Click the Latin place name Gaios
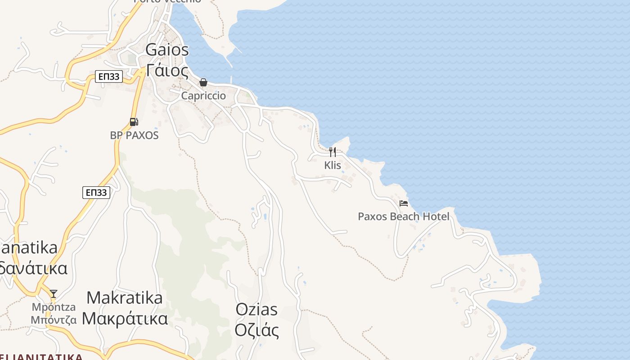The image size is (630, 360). click(x=167, y=49)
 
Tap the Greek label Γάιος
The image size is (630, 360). click(x=167, y=71)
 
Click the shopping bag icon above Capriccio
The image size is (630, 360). click(x=203, y=82)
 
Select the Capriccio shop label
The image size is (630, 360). click(x=203, y=96)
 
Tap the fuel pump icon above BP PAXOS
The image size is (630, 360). click(x=134, y=121)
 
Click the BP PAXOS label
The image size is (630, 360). click(x=134, y=135)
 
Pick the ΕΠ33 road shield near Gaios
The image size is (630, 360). click(x=109, y=76)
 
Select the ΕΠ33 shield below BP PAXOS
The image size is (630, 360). click(x=96, y=193)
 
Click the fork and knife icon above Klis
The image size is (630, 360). click(x=333, y=152)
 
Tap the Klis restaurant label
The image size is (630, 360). click(x=333, y=165)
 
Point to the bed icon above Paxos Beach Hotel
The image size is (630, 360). click(x=404, y=203)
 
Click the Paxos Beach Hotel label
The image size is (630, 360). click(x=404, y=216)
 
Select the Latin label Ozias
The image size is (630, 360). click(x=256, y=310)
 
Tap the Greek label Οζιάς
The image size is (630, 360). click(x=256, y=330)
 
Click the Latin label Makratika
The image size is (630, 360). click(x=124, y=297)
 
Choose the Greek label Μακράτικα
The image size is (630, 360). click(x=125, y=318)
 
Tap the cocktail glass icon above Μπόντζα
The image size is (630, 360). click(x=54, y=294)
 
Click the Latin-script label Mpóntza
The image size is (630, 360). click(x=54, y=307)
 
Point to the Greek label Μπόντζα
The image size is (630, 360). click(x=54, y=320)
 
